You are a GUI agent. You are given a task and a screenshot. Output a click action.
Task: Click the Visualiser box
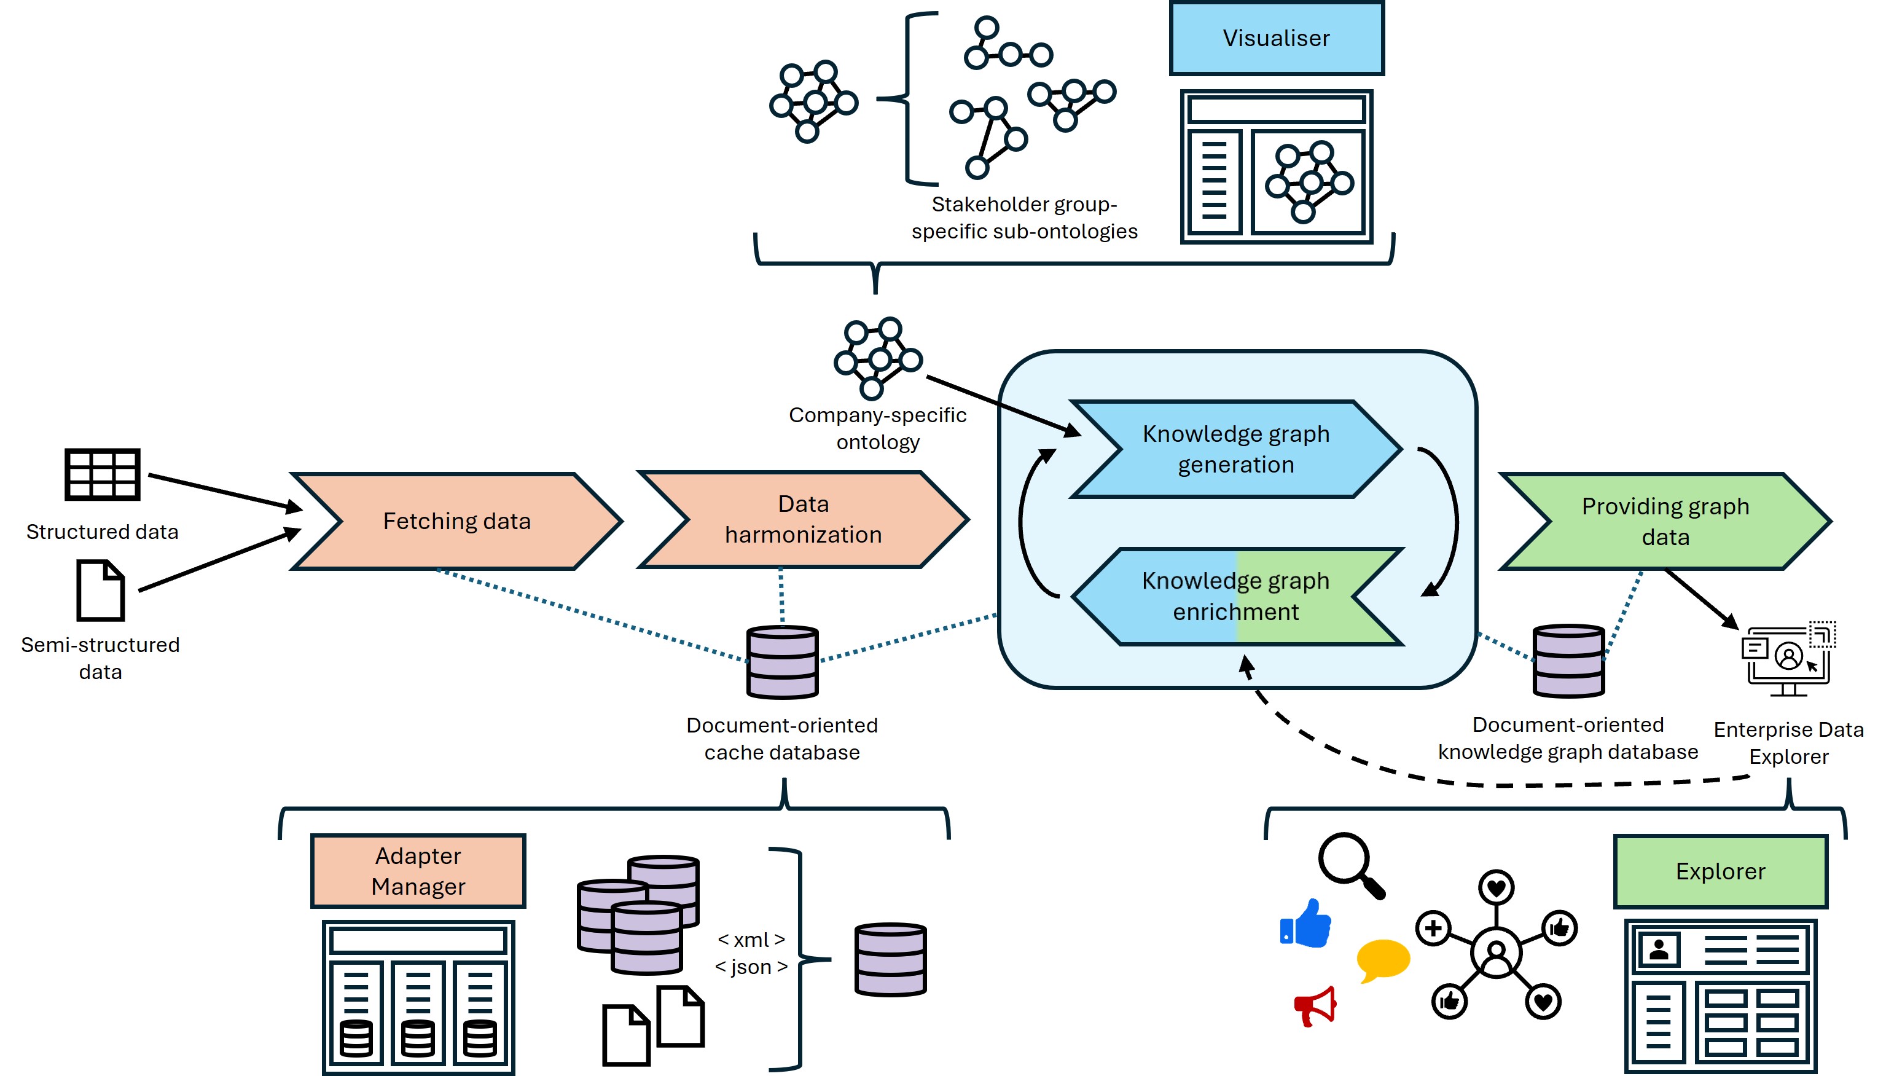coord(1276,37)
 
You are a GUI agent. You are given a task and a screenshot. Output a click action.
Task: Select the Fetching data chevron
coord(456,521)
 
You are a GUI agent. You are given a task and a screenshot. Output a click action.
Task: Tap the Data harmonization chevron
coord(803,519)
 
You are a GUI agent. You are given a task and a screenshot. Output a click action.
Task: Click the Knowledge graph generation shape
coord(1236,449)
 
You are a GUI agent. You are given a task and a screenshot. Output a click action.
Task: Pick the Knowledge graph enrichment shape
coord(1236,597)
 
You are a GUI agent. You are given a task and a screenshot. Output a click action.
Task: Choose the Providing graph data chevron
coord(1665,521)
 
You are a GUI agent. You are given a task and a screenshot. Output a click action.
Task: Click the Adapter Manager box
coord(418,871)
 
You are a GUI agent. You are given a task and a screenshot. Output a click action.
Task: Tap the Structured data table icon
coord(102,474)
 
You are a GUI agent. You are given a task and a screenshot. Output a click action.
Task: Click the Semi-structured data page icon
coord(101,591)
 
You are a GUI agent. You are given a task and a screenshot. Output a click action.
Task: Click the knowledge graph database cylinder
coord(1568,661)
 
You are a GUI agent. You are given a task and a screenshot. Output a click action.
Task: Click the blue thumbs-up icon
coord(1305,924)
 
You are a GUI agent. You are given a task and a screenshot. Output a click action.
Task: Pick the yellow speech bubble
coord(1383,959)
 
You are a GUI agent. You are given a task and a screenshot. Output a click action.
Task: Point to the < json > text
coord(751,967)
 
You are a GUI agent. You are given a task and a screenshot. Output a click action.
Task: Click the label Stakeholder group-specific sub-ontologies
coord(1024,218)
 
